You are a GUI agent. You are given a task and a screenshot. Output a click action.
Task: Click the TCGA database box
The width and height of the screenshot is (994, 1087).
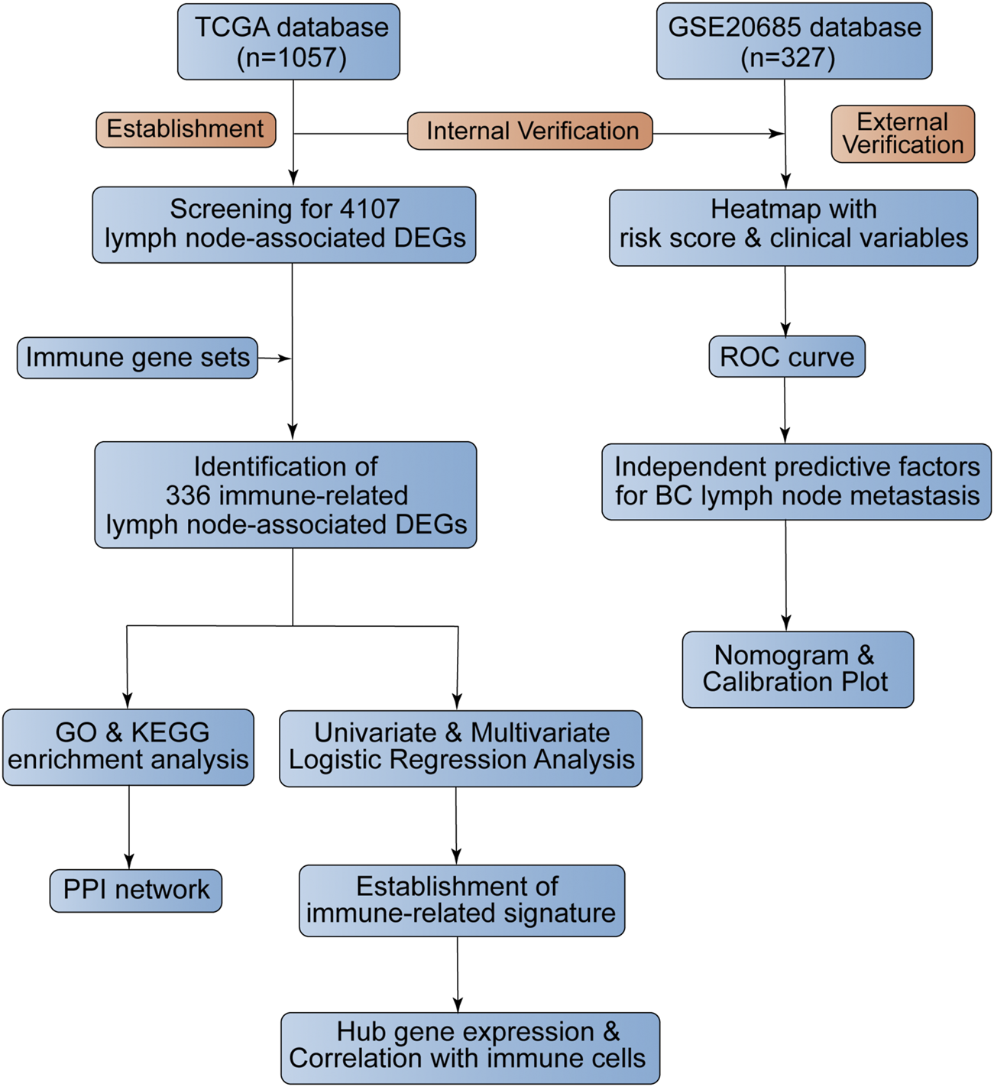pos(289,42)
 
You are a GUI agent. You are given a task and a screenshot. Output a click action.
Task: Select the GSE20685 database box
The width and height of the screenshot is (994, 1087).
pos(794,42)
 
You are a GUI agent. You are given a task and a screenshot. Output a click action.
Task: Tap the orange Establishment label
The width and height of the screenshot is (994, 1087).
pos(186,129)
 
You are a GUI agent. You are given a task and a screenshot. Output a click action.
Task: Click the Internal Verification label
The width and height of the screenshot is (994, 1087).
pos(530,131)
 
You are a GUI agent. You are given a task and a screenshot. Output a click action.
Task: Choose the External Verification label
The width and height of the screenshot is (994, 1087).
pos(902,134)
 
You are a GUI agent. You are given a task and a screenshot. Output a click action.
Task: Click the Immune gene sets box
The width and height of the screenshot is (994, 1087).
pos(138,358)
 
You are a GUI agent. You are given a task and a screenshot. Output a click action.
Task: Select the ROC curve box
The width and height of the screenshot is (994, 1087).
pos(787,357)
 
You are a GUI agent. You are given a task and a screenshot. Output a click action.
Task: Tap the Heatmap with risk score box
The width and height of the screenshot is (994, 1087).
pos(793,228)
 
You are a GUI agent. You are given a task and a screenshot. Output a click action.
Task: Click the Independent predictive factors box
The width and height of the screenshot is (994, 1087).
pos(796,482)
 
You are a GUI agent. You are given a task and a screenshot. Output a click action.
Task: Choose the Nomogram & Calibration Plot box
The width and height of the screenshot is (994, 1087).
pos(798,669)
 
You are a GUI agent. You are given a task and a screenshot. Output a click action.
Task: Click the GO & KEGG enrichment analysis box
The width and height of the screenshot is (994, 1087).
pos(128,747)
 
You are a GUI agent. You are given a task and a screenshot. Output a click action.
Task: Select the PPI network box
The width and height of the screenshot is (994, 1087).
pos(136,891)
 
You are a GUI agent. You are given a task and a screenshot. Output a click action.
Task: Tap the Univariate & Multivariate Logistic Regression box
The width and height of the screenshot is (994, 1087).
pos(461,748)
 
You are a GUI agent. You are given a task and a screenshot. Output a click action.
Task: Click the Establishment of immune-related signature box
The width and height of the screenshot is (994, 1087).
pos(461,900)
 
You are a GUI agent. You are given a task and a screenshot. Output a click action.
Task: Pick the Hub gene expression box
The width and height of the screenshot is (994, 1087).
pos(470,1047)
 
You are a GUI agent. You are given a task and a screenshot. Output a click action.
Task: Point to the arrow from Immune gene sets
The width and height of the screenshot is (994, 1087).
pos(275,358)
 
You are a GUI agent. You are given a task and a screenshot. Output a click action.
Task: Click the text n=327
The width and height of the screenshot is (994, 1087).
pos(788,58)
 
